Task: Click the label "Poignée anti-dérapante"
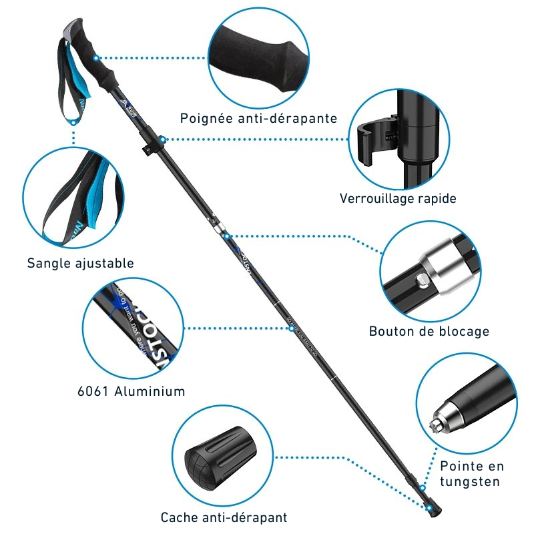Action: (258, 119)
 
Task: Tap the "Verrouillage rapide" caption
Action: (398, 198)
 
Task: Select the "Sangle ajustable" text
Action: (80, 263)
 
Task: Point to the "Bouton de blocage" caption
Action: (429, 331)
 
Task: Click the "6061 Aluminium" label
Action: (131, 391)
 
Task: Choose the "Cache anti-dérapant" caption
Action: (224, 517)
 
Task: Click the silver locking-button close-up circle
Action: (431, 270)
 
